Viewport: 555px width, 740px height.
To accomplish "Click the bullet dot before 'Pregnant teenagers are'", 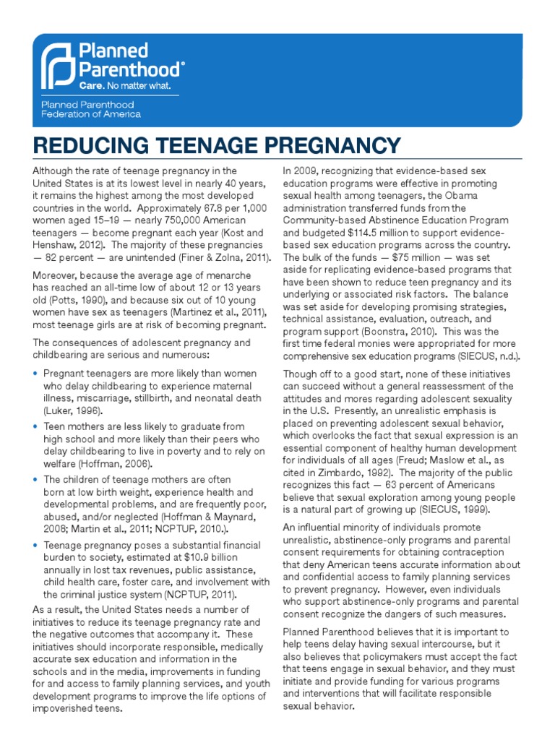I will coord(36,374).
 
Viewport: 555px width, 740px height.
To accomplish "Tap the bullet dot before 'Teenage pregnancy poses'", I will coord(36,546).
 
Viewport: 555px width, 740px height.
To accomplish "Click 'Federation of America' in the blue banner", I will coord(91,114).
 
